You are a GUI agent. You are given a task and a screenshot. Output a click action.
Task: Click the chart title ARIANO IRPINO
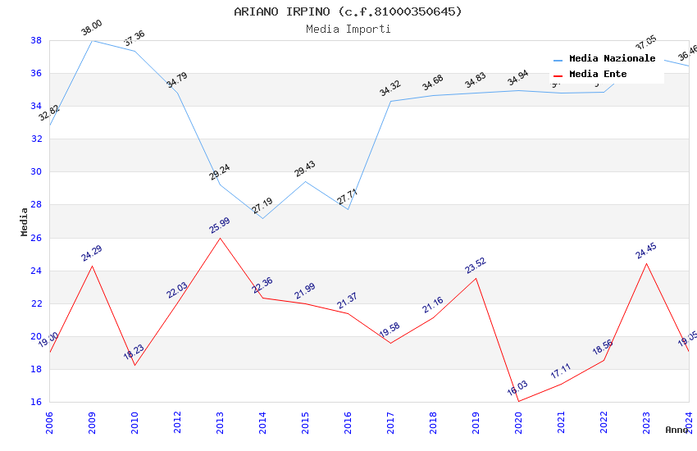click(348, 11)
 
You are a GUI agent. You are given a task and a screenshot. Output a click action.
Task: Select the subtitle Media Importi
click(348, 30)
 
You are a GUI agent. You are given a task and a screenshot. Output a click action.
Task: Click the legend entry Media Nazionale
click(612, 59)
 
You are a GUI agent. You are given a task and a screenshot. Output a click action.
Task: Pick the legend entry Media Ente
click(598, 74)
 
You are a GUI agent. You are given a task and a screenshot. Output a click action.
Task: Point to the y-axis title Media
click(25, 221)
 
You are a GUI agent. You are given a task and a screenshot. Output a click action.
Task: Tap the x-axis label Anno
click(676, 430)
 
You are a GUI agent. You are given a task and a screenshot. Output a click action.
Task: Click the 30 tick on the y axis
click(37, 172)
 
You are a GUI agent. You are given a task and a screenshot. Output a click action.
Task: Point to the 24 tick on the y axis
click(37, 271)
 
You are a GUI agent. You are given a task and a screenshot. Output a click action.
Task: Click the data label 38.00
click(91, 31)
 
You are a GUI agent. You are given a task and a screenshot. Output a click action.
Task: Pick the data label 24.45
click(646, 251)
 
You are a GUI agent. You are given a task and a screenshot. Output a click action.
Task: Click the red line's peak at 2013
click(220, 238)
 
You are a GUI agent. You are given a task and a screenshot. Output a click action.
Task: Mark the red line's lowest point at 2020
click(518, 401)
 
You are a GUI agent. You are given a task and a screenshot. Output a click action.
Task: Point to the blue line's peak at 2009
click(92, 40)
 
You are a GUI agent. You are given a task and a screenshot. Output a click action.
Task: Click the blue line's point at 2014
click(262, 218)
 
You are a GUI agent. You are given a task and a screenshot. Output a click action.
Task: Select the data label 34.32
click(390, 89)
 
